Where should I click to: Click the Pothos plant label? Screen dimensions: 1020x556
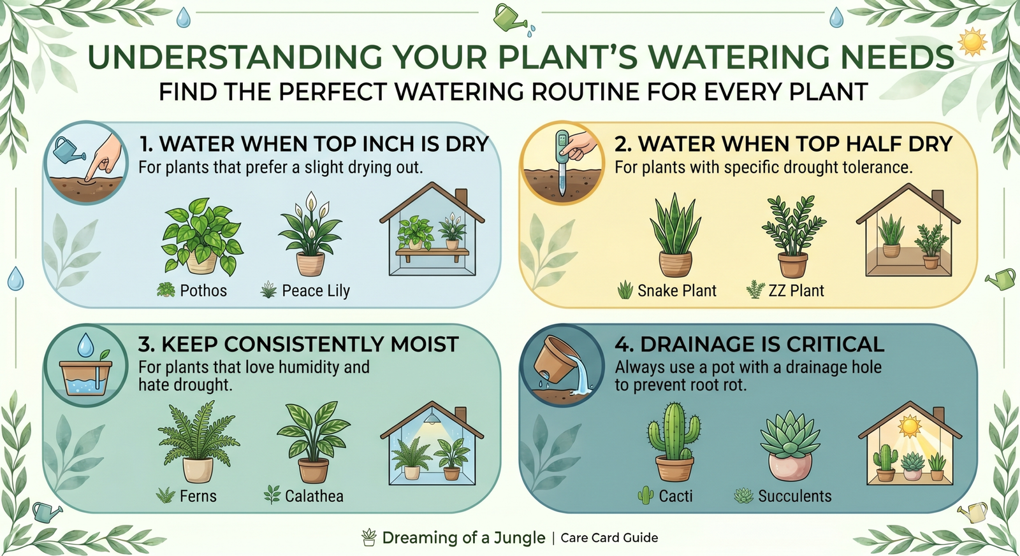tap(203, 290)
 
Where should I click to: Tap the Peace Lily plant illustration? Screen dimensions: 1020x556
tap(310, 234)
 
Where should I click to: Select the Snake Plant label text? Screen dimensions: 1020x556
tap(676, 290)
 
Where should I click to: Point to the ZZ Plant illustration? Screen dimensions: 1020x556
tap(793, 236)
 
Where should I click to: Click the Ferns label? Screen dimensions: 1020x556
tap(198, 495)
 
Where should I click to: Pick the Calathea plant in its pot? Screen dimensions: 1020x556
tap(313, 442)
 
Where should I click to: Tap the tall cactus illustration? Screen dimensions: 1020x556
tap(674, 442)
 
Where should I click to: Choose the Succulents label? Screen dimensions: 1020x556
tap(794, 495)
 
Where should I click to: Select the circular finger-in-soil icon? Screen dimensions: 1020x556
tap(85, 162)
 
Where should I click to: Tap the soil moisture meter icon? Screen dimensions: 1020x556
tap(562, 162)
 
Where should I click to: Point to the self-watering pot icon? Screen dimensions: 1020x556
tap(85, 366)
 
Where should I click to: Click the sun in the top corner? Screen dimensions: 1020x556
tap(973, 41)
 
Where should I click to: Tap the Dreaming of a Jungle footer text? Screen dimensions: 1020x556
tap(463, 538)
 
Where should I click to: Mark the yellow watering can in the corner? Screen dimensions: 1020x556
tap(973, 511)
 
